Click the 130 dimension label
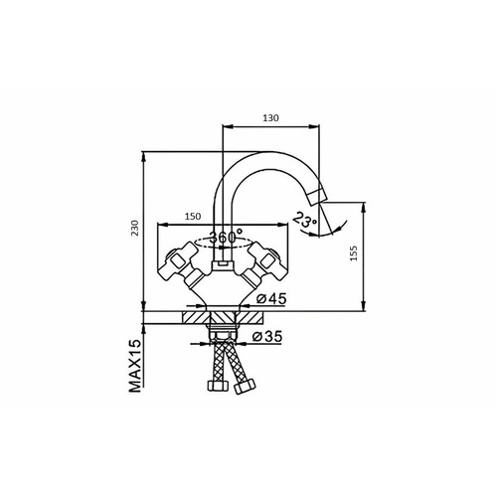(270, 117)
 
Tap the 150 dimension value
(193, 217)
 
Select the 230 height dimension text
(135, 228)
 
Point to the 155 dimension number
(354, 253)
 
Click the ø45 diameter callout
(271, 299)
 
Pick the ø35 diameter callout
(267, 337)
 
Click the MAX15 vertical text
(135, 367)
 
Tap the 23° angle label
(305, 220)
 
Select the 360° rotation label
(226, 237)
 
